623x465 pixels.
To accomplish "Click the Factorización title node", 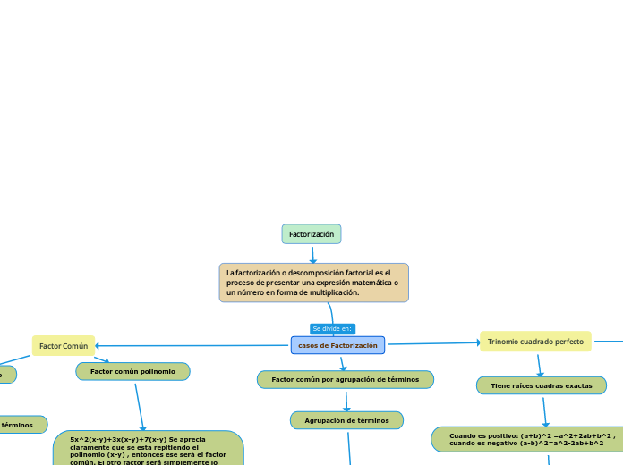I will [311, 234].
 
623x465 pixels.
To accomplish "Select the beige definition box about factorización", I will [313, 282].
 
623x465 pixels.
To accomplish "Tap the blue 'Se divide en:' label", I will [332, 328].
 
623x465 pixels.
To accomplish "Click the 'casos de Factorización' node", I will [337, 345].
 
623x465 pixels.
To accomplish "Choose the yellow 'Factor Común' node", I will [63, 345].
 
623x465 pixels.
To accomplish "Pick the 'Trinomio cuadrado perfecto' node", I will [535, 341].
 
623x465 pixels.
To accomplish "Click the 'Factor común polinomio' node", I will [132, 371].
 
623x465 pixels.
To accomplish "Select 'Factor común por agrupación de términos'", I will [345, 379].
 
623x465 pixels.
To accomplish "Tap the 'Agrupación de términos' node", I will [346, 419].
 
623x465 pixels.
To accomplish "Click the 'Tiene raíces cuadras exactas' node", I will [541, 385].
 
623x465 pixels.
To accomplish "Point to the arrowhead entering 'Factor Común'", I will [98, 345].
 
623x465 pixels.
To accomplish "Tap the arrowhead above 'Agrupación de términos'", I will [346, 408].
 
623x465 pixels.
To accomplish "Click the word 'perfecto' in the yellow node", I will [568, 341].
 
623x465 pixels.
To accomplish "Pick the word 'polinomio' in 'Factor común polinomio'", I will [158, 371].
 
